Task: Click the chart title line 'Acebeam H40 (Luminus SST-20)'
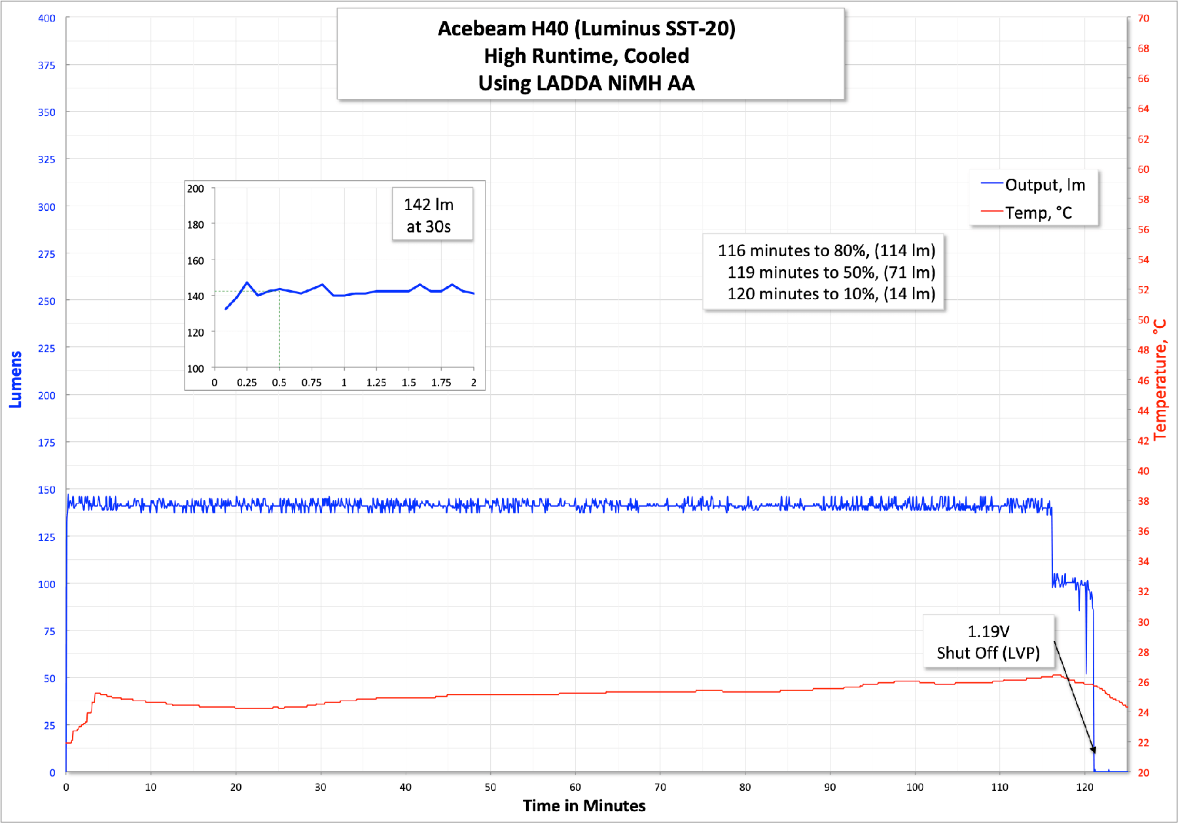[586, 29]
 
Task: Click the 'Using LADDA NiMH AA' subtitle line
[586, 83]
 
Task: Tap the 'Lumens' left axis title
[16, 379]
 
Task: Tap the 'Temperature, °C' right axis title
[1160, 379]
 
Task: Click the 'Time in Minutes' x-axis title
[584, 805]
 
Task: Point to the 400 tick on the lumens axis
[46, 18]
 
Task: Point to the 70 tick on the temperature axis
[1143, 18]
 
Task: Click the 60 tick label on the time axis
[575, 787]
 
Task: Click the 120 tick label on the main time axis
[1084, 787]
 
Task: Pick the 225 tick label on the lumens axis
[46, 348]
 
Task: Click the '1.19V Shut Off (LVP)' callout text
[988, 642]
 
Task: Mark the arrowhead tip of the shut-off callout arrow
[1094, 754]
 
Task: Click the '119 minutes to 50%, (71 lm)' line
[830, 272]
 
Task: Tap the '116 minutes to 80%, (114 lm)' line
[826, 251]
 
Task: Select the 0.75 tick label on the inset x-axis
[312, 383]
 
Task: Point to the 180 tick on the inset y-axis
[196, 225]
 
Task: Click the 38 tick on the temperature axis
[1143, 501]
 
